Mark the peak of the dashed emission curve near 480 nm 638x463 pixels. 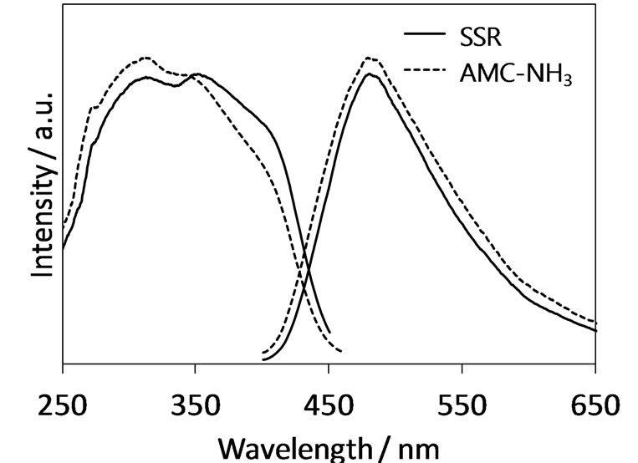(x=370, y=58)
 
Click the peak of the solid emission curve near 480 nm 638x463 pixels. (x=370, y=74)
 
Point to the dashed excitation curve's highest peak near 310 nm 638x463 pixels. (x=145, y=58)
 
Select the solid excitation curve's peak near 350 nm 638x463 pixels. (x=197, y=74)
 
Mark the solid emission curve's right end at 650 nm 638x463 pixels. (x=595, y=330)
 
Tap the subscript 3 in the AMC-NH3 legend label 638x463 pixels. (x=568, y=83)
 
